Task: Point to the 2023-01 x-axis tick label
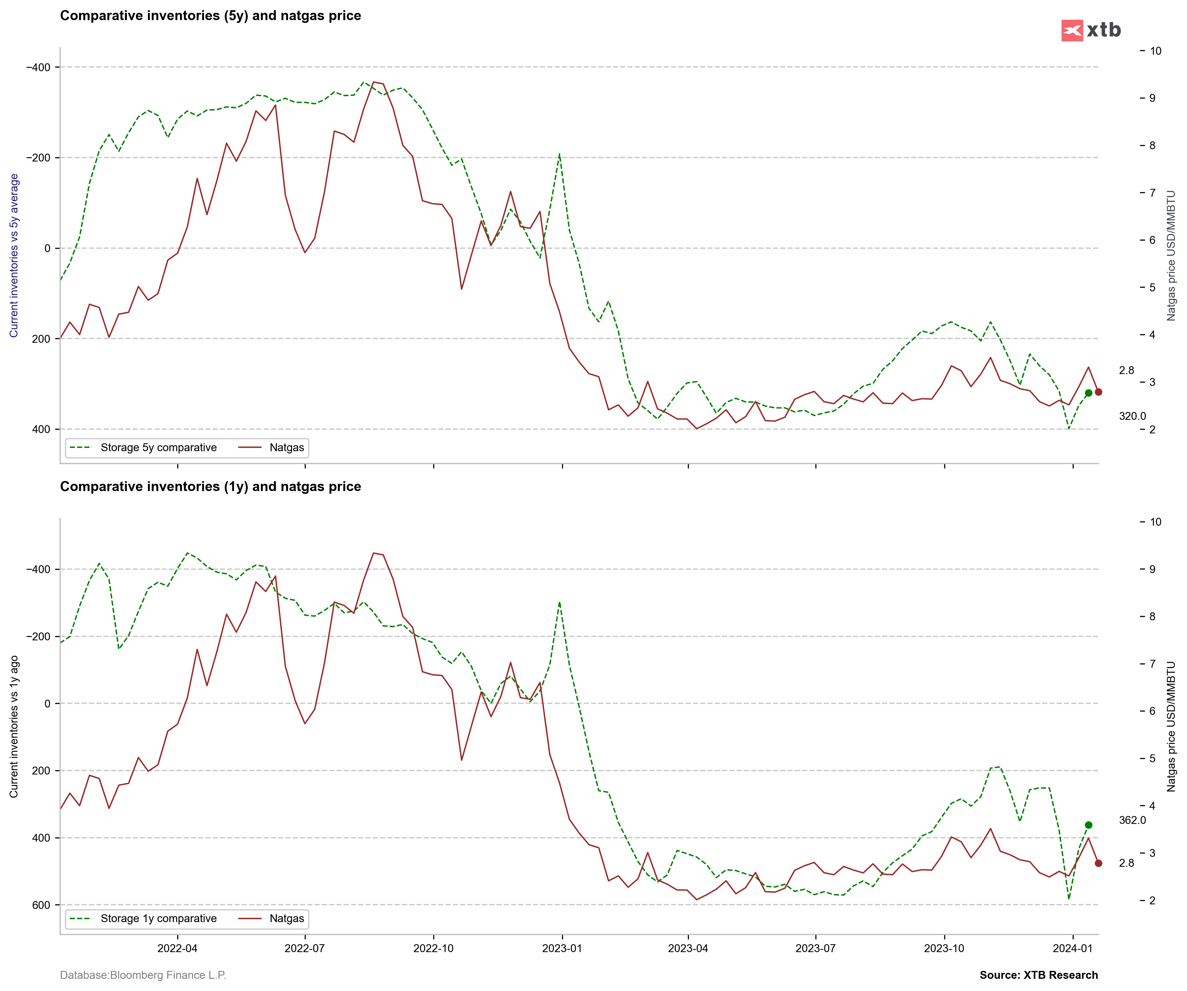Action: coord(562,948)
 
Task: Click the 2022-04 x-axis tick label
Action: coord(178,948)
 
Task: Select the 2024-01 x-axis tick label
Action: coord(1072,948)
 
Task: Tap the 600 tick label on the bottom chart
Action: coord(41,905)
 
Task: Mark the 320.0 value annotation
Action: coord(1132,416)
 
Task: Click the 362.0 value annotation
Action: coord(1132,820)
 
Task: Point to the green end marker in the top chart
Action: coord(1088,393)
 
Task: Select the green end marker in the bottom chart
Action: coord(1088,825)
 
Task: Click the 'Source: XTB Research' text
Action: coord(1038,975)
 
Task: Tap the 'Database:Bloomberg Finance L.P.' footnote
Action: coord(143,975)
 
